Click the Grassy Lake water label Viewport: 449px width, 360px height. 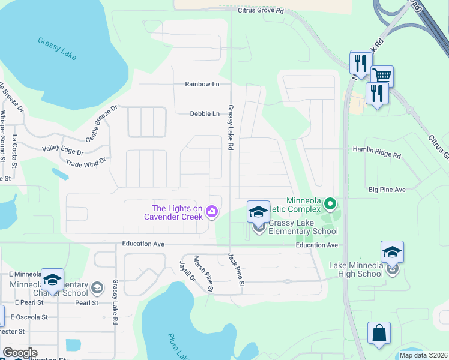58,49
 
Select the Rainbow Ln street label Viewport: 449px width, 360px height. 202,84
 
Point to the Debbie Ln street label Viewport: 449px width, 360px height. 205,113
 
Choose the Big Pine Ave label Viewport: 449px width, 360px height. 387,190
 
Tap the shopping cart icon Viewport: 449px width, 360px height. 382,76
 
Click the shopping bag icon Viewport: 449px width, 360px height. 379,333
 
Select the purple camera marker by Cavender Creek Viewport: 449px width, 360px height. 211,211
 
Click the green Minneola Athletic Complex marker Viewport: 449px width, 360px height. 329,205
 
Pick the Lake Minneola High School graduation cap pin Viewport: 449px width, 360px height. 392,253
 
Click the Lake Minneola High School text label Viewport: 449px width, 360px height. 364,269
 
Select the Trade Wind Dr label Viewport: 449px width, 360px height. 86,162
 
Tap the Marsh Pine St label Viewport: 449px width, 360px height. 203,274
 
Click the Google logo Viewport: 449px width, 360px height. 20,353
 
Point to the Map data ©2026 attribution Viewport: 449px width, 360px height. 423,355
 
